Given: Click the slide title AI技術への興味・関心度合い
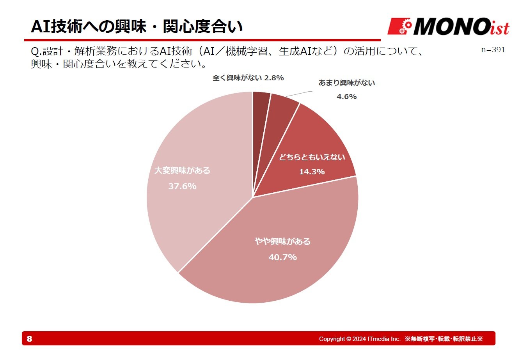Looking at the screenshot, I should (x=137, y=27).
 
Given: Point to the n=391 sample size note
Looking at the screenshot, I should (x=493, y=50).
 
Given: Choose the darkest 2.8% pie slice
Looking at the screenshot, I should (x=261, y=105).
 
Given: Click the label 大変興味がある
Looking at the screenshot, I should (x=182, y=170).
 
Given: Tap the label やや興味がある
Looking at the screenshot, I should (x=283, y=241).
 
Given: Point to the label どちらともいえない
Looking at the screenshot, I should (x=312, y=157).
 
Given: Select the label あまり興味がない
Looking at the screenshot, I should (x=347, y=83).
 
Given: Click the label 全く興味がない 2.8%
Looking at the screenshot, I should (x=248, y=78).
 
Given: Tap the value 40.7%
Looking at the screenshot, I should (x=283, y=257).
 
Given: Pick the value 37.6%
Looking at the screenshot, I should (x=182, y=186).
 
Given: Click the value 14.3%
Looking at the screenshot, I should (x=312, y=172).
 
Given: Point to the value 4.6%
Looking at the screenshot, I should (x=347, y=97).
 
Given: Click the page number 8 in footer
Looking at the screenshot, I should (x=30, y=339).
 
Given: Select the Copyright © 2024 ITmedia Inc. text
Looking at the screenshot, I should (x=360, y=339).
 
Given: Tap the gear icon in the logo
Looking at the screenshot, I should (x=406, y=27).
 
